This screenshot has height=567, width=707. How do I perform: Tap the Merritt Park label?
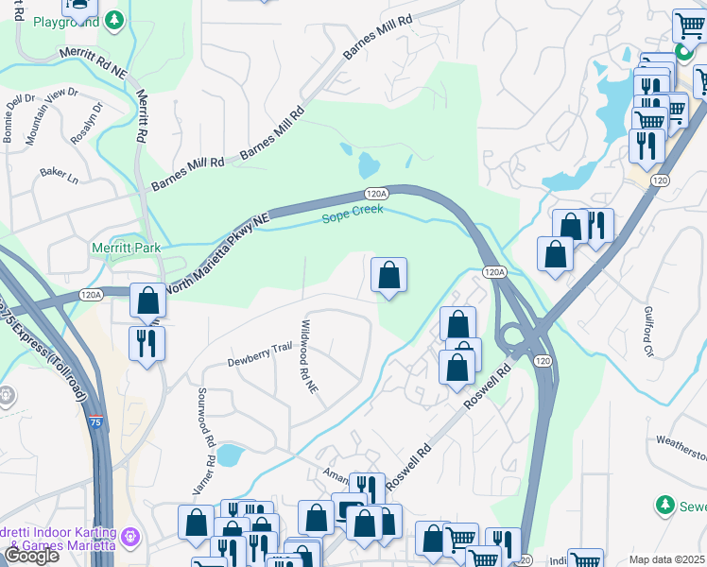pos(126,249)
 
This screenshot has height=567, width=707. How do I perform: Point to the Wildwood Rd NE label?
pos(308,363)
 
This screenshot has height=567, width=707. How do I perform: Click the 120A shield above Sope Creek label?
pos(376,193)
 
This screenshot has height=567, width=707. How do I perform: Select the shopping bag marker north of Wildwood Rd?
pos(388,276)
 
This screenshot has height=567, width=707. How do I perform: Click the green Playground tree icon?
pos(113,19)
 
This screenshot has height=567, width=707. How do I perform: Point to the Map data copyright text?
pos(666,559)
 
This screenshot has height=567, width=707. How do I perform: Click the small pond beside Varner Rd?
pos(229,456)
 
